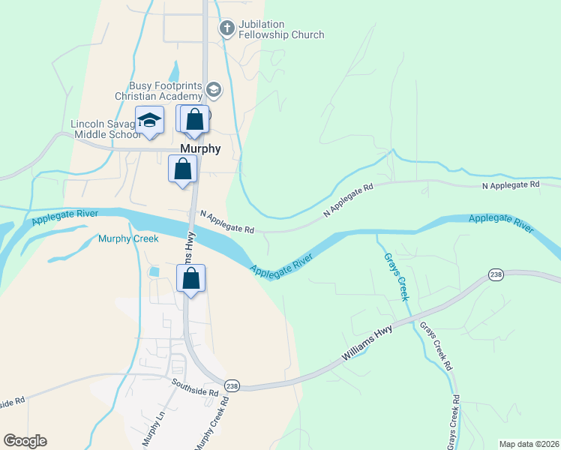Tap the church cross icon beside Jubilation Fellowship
226,29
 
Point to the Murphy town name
201,148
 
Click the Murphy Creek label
128,238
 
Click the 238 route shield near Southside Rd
232,385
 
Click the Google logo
25,441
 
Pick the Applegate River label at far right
500,223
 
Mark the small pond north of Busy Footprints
174,71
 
